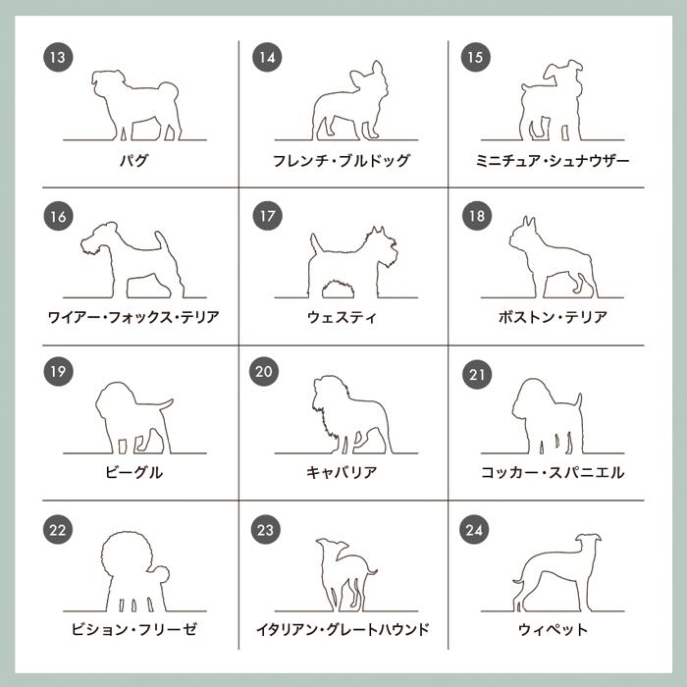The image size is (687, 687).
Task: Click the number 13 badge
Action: pos(58,57)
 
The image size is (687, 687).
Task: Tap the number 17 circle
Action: pos(267,216)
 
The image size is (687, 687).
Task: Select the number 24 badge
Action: pos(474,530)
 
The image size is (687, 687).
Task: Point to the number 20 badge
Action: pos(264,372)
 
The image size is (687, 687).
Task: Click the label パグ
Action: pos(133,161)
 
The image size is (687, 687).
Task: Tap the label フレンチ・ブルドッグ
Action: pos(342,161)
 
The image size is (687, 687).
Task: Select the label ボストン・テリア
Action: pos(553,317)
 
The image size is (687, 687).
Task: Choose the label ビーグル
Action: pos(133,472)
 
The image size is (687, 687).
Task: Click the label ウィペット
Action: pos(553,630)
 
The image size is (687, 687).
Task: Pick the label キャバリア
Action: pos(342,472)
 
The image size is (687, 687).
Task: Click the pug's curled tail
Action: pos(169,90)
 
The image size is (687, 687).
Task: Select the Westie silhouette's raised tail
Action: pos(316,243)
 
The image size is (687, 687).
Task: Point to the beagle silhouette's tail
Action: pos(166,404)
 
